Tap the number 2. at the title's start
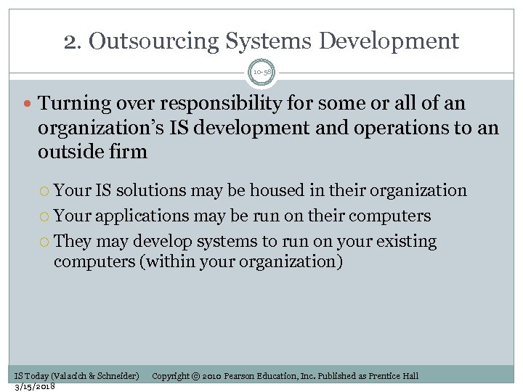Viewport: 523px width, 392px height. tap(73, 41)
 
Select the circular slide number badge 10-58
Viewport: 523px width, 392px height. tap(261, 73)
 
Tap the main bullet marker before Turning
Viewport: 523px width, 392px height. tap(28, 105)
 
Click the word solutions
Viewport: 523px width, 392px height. tap(151, 191)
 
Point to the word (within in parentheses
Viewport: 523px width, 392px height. tap(166, 261)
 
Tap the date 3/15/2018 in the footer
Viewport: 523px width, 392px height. tap(35, 385)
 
